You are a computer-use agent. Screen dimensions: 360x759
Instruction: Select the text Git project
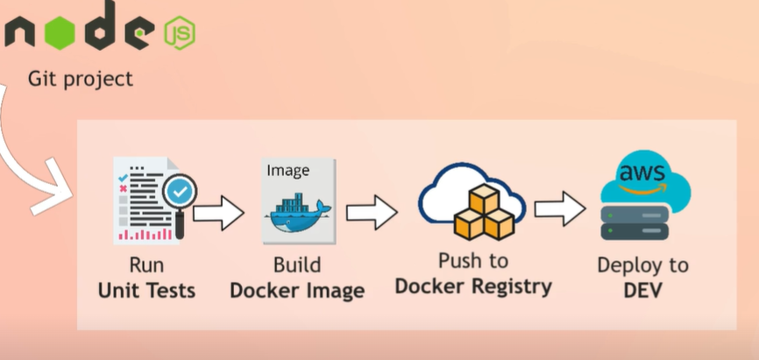(x=81, y=79)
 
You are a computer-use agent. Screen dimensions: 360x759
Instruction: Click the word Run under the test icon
(x=146, y=265)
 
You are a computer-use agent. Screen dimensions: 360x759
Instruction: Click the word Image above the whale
(x=287, y=169)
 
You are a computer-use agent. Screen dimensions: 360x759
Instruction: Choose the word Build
(x=296, y=265)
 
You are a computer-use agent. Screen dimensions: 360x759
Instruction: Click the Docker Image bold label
(x=296, y=289)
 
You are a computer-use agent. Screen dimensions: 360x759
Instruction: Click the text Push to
(x=473, y=261)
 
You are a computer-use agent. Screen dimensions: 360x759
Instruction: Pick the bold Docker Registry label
(x=473, y=286)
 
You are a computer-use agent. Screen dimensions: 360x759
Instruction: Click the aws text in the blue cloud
(x=642, y=172)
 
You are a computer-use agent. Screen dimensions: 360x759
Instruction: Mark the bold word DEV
(x=642, y=290)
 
